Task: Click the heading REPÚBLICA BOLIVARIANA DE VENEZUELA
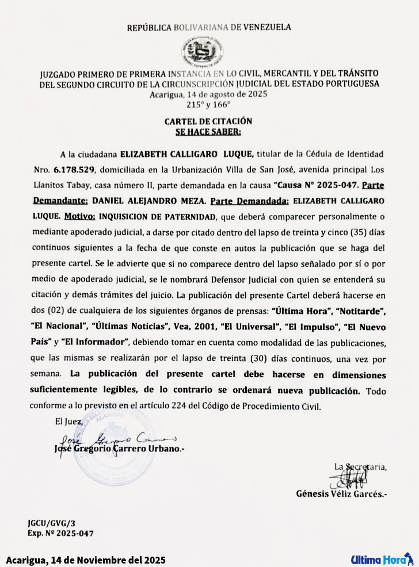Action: point(209,27)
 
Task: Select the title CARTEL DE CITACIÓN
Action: point(208,121)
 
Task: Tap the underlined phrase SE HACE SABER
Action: point(208,131)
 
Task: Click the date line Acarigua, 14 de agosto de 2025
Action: point(208,95)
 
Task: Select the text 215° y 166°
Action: point(208,105)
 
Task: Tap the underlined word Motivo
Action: point(79,216)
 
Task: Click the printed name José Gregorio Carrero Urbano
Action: point(119,449)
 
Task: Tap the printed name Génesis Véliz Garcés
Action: point(341,493)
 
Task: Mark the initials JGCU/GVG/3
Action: point(51,523)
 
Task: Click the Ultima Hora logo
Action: point(382,559)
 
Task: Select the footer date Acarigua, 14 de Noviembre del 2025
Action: point(86,560)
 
